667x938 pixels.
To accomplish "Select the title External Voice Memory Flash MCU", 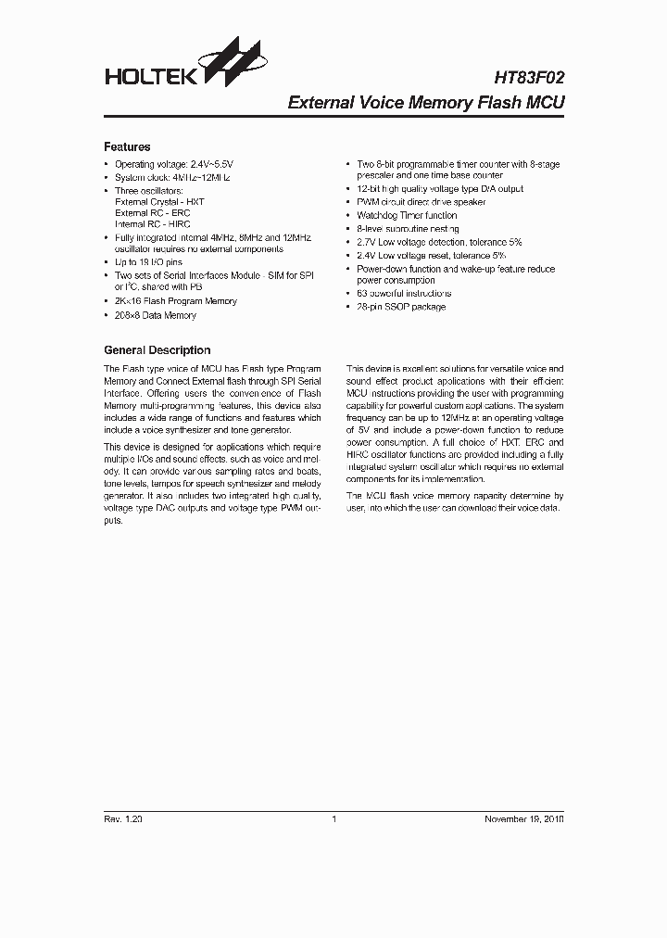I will (426, 103).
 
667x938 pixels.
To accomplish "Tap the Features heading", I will (127, 146).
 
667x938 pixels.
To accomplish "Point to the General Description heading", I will (157, 350).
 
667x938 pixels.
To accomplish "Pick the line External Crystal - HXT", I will (159, 200).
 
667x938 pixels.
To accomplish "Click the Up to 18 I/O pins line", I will (147, 262).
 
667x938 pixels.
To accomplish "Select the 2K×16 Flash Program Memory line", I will (176, 301).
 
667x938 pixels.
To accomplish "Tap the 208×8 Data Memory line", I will (156, 316).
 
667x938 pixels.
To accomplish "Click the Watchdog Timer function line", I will (408, 215).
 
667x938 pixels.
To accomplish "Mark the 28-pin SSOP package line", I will (401, 307).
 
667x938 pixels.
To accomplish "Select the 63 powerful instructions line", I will (404, 294).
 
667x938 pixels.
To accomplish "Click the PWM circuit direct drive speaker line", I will (422, 202).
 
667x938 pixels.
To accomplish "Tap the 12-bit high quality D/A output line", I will (440, 189).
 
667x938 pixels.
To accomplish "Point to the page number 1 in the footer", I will (333, 819).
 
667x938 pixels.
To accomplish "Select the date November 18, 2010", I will (524, 819).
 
